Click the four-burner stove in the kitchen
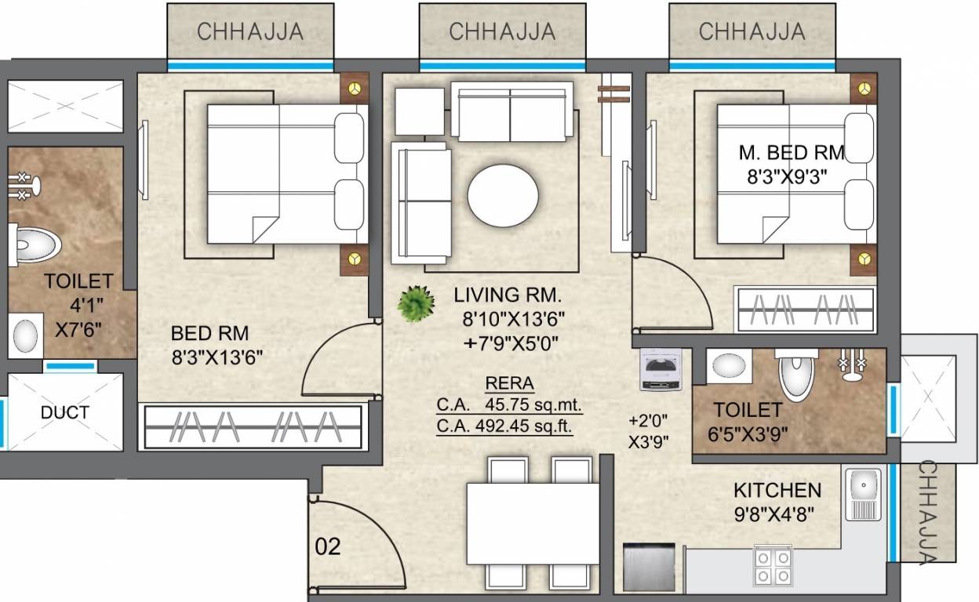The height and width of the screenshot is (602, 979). point(773,565)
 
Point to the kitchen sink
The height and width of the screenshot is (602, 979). point(864,495)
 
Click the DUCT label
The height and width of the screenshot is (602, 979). point(65,412)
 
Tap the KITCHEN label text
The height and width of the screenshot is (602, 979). point(777,491)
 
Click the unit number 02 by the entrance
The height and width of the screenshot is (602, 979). point(328,546)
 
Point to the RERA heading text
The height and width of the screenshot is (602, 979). point(510,383)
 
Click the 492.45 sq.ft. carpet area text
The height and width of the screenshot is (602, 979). point(505,426)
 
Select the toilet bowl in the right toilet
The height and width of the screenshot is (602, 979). point(797,374)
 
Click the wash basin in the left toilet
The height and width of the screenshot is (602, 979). point(26,335)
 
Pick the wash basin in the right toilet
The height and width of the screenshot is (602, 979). point(729,366)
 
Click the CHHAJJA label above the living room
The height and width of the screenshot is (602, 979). point(502,31)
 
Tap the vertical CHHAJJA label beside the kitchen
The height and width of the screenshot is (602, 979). point(927,513)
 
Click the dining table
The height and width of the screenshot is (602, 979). point(533,521)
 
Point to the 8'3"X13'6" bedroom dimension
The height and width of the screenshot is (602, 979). point(217,357)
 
